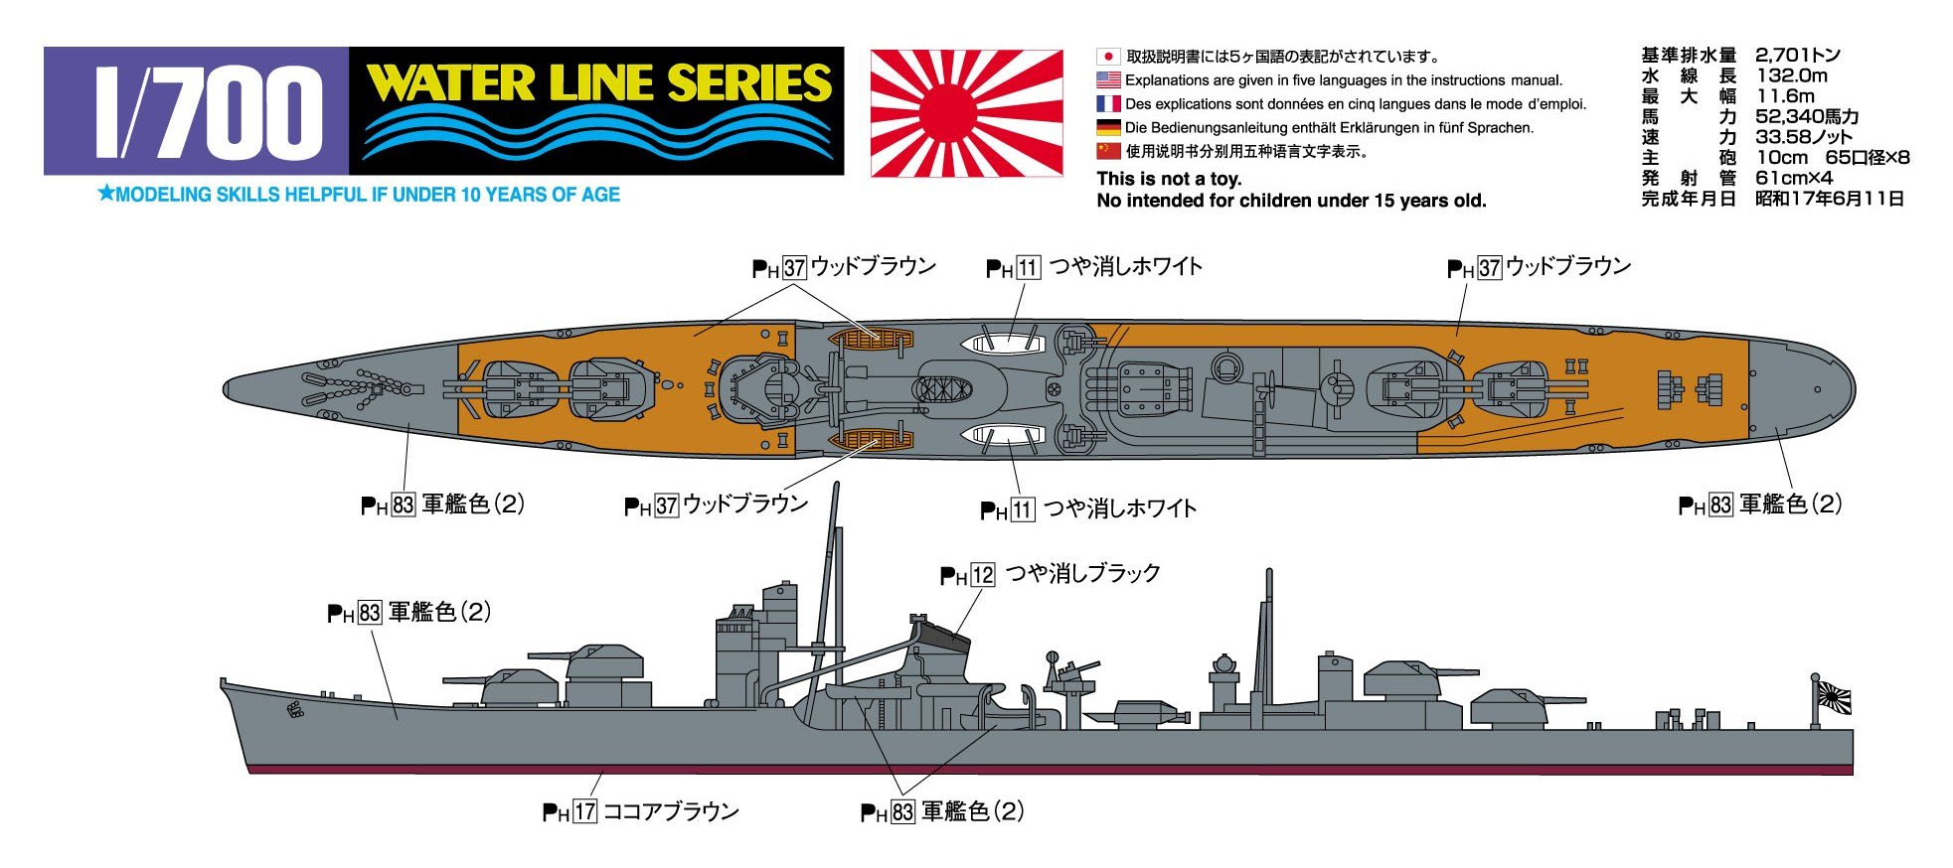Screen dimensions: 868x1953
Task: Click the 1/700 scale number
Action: pos(208,112)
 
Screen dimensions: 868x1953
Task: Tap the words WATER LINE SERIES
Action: pos(598,83)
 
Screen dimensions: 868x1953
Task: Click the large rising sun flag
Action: pos(966,113)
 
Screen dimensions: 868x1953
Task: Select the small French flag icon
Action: pos(1108,103)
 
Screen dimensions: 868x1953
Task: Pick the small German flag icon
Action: pos(1108,127)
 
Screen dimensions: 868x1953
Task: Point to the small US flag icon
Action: pos(1108,79)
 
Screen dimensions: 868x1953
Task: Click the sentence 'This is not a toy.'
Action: pos(1169,179)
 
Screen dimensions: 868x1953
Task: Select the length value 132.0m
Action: pos(1791,75)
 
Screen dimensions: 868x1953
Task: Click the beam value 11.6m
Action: pos(1785,96)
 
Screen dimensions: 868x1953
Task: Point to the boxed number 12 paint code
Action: pos(982,575)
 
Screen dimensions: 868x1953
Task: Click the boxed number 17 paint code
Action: pos(584,811)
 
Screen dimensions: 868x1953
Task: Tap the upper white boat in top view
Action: pos(1004,344)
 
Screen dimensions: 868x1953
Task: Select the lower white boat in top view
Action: pos(1004,435)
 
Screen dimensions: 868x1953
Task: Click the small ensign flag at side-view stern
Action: pos(1833,698)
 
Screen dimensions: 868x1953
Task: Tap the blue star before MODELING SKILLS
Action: pos(106,194)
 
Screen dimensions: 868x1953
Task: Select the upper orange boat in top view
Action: pos(870,341)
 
